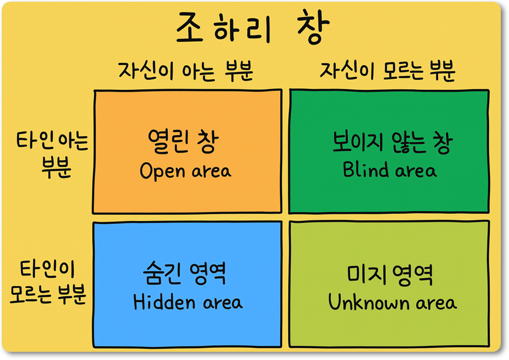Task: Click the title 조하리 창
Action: [x=253, y=27]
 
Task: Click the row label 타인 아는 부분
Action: [x=52, y=155]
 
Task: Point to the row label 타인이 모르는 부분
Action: [x=48, y=282]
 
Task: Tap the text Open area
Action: [x=186, y=170]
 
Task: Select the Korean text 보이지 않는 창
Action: [x=392, y=142]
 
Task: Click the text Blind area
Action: [x=390, y=170]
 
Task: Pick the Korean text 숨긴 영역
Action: [x=184, y=273]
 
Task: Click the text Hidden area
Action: [x=188, y=302]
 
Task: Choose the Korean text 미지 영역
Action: [x=390, y=275]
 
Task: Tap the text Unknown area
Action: [x=392, y=302]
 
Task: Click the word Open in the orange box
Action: [x=162, y=171]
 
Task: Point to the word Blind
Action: [x=366, y=169]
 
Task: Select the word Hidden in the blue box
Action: [x=164, y=302]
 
